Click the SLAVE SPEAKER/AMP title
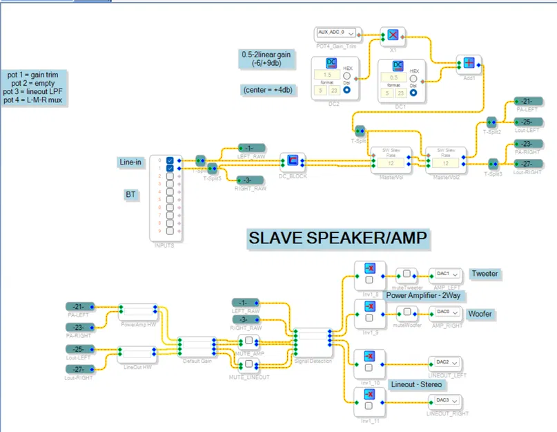[338, 238]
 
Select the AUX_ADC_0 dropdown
[336, 32]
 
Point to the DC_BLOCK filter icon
[293, 161]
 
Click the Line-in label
[130, 162]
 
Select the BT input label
[130, 195]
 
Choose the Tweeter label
[485, 274]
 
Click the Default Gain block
[196, 344]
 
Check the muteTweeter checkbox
[407, 274]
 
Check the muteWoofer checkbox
[407, 312]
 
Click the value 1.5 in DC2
[328, 75]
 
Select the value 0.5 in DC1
[394, 77]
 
